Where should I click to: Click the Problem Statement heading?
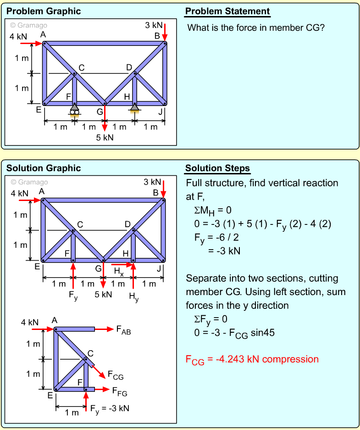227,11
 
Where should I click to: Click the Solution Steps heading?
217,168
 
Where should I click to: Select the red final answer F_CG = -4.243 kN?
252,359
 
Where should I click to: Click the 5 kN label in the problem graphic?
105,137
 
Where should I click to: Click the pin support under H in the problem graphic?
134,109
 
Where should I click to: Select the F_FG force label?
120,392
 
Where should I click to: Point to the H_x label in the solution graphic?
119,272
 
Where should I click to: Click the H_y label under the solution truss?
133,297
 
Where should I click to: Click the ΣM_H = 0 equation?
213,210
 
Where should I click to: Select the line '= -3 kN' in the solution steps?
224,251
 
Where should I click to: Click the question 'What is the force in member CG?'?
256,28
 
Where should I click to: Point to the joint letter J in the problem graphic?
160,111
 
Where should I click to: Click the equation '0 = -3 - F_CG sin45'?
234,333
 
